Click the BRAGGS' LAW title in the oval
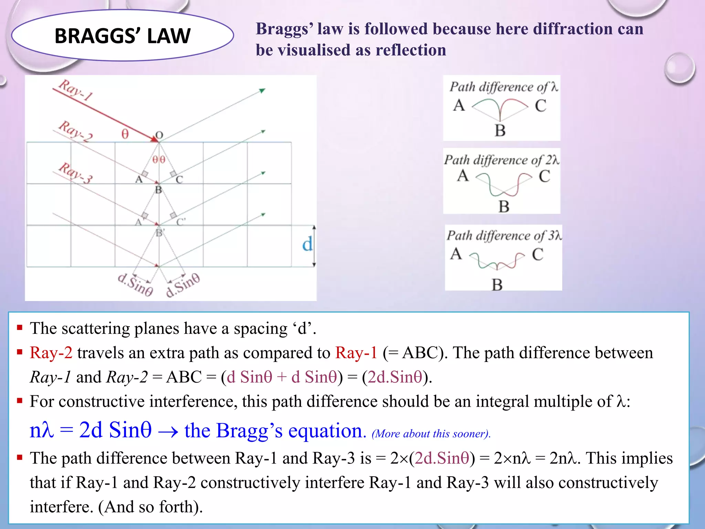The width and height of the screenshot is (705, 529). [122, 36]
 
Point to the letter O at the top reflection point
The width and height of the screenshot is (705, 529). [159, 135]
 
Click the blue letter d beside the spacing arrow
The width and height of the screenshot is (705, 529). [307, 244]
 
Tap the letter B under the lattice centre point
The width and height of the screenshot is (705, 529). [158, 190]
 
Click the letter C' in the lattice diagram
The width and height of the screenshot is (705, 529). [181, 222]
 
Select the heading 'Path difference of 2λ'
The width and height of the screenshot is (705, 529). [501, 160]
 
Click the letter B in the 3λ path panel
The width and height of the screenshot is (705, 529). [497, 285]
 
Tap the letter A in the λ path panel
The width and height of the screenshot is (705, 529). [459, 105]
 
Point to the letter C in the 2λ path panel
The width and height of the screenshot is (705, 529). [544, 176]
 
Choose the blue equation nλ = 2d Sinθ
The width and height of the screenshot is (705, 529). [91, 431]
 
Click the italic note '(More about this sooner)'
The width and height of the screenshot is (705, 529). [431, 434]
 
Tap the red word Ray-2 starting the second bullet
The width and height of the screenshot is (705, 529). [51, 353]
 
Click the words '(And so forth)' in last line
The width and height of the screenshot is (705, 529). [150, 507]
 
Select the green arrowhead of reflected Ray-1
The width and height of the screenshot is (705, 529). [262, 91]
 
